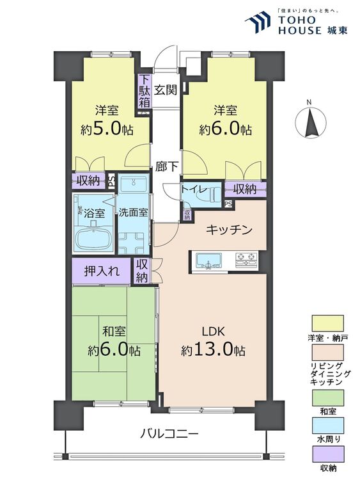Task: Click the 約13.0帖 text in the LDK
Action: click(x=213, y=350)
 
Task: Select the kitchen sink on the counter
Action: click(x=208, y=260)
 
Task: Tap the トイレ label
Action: click(x=193, y=189)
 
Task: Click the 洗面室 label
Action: click(x=132, y=212)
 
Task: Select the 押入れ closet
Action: click(x=100, y=271)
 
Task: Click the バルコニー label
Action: click(x=169, y=433)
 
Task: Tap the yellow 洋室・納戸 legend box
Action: click(x=328, y=323)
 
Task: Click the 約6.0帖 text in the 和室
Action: click(x=114, y=350)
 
